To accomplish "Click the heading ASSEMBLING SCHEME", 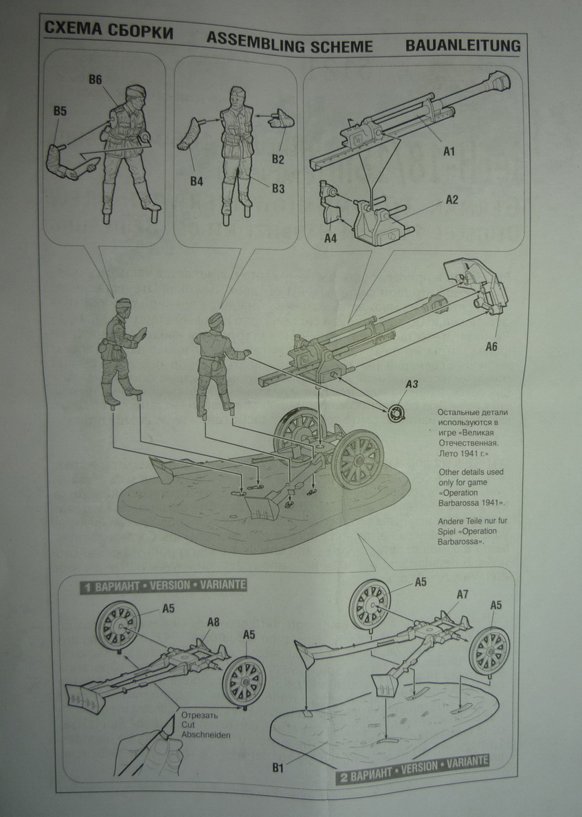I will [x=289, y=46].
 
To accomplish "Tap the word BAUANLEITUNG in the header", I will [x=462, y=46].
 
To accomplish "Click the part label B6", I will [x=95, y=80].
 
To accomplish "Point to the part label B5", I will [x=60, y=111].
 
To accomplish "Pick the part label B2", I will [x=278, y=160].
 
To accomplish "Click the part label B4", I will [x=197, y=182].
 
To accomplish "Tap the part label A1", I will [x=449, y=150].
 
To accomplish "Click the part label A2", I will [x=451, y=199].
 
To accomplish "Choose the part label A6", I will [x=491, y=346].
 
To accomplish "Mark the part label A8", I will [x=213, y=622].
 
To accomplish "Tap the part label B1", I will [x=278, y=762].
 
